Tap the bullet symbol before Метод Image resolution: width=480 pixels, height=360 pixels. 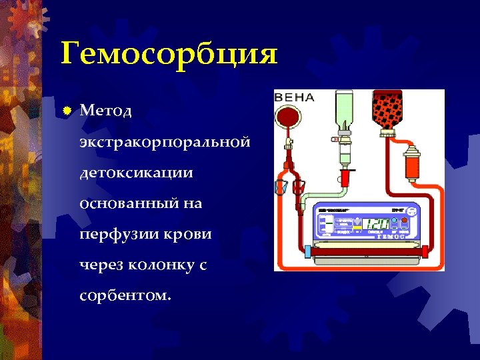67,111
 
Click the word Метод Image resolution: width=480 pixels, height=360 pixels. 106,111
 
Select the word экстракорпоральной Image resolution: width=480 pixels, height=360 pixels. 165,142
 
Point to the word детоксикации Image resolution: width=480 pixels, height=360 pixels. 136,173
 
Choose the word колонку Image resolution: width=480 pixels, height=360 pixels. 158,265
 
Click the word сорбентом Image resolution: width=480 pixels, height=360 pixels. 124,295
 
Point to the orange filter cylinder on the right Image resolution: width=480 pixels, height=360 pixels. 411,163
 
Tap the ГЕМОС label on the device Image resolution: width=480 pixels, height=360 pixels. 392,236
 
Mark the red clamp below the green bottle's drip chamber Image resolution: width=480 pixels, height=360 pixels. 345,177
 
